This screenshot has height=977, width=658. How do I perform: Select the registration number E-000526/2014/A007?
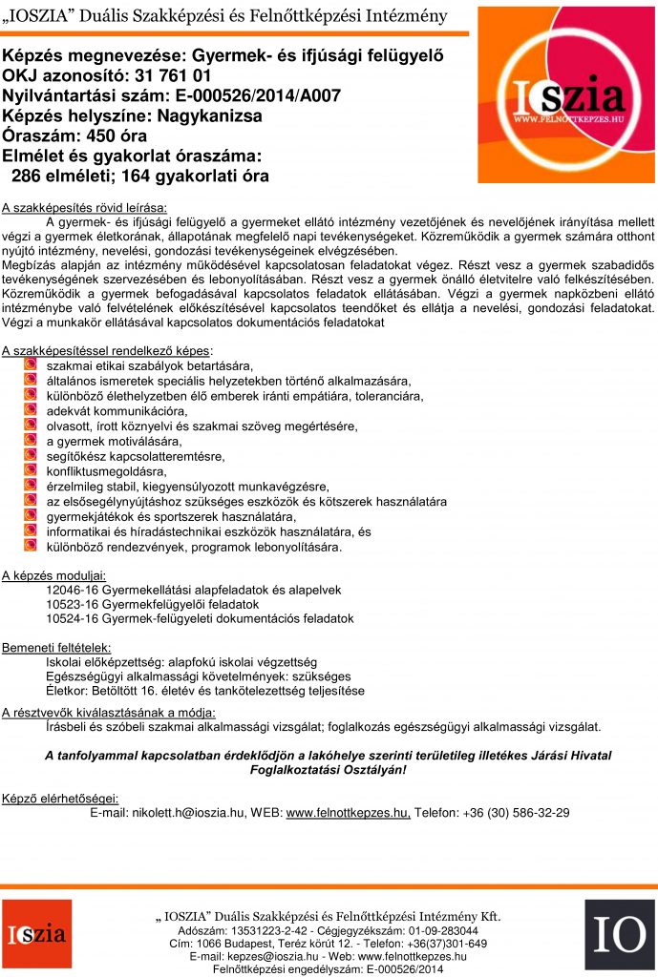[x=252, y=95]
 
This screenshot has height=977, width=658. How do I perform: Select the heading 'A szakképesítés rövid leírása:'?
[x=84, y=207]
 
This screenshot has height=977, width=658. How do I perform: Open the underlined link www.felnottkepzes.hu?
[x=348, y=812]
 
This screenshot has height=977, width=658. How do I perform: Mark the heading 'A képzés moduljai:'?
[x=54, y=575]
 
